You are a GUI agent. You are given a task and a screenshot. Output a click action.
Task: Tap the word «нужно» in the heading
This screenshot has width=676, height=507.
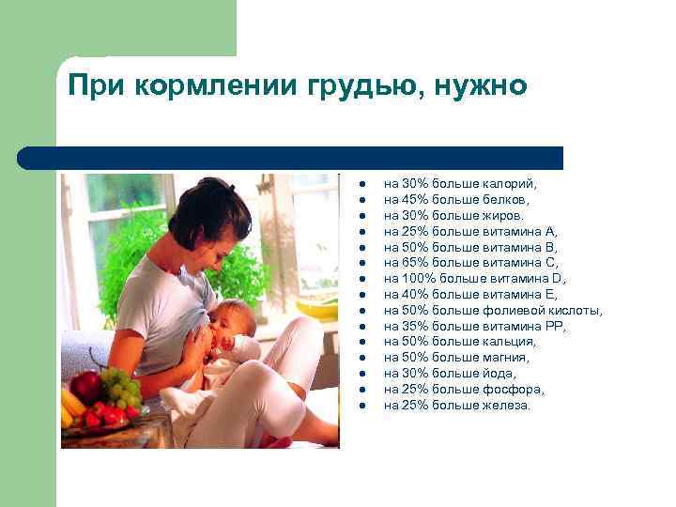482,87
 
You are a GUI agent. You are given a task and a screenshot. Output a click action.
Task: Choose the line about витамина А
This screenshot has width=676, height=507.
470,231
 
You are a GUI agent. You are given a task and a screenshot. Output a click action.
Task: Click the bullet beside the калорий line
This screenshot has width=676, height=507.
361,184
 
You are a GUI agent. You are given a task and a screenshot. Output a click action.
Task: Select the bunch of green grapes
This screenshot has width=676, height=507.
119,386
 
